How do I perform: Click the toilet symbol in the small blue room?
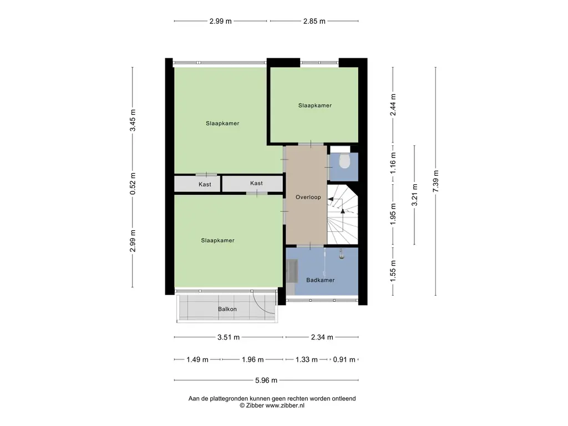pyautogui.click(x=344, y=161)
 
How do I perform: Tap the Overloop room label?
pyautogui.click(x=308, y=197)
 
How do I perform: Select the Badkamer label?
pyautogui.click(x=320, y=280)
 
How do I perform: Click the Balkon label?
pyautogui.click(x=227, y=309)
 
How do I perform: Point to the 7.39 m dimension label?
pyautogui.click(x=436, y=181)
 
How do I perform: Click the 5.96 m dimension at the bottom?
pyautogui.click(x=266, y=381)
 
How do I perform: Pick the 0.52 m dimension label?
pyautogui.click(x=133, y=184)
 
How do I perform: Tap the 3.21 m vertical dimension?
pyautogui.click(x=414, y=195)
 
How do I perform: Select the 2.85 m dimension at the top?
pyautogui.click(x=315, y=21)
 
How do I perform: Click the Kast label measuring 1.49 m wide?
pyautogui.click(x=205, y=184)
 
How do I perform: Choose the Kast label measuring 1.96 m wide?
pyautogui.click(x=256, y=183)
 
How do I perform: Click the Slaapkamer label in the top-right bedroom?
pyautogui.click(x=315, y=105)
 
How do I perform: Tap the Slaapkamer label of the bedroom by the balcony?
pyautogui.click(x=217, y=241)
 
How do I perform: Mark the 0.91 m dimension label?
pyautogui.click(x=344, y=359)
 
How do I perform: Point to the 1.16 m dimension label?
pyautogui.click(x=393, y=163)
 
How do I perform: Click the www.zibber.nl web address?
pyautogui.click(x=285, y=405)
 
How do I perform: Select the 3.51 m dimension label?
pyautogui.click(x=229, y=337)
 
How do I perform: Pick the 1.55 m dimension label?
pyautogui.click(x=393, y=271)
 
